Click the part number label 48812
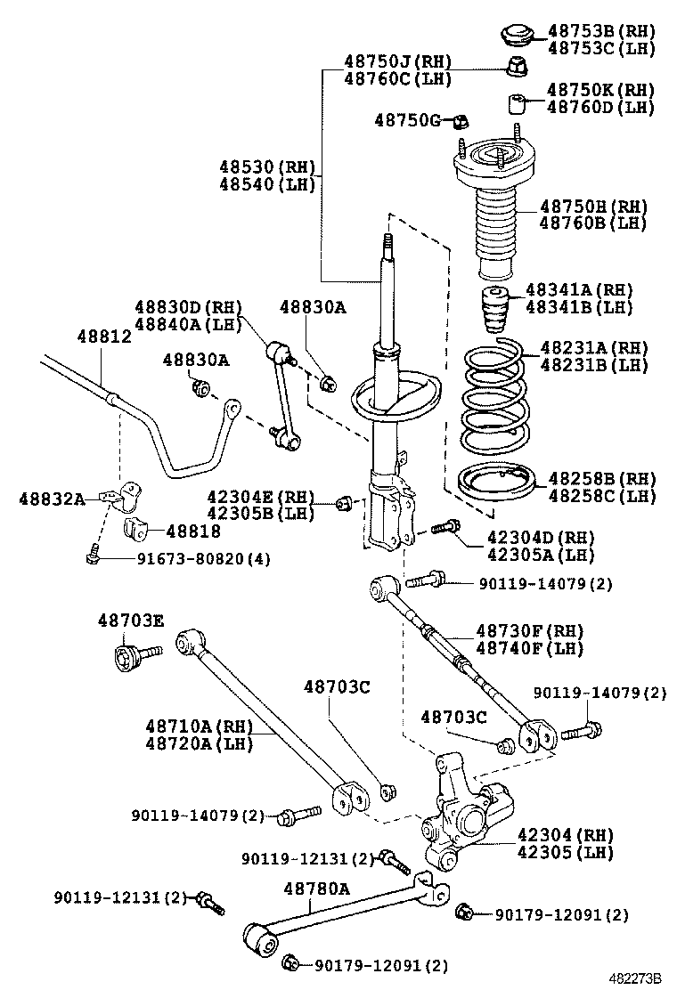click(x=104, y=337)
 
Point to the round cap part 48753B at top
click(x=515, y=35)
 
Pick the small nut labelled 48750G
click(x=461, y=120)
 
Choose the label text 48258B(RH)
click(x=600, y=478)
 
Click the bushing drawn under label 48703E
click(x=130, y=661)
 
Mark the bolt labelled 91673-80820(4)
click(x=92, y=557)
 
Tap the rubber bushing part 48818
click(x=136, y=528)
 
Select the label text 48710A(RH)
click(x=200, y=726)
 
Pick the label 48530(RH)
click(x=264, y=166)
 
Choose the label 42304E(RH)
click(x=261, y=496)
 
